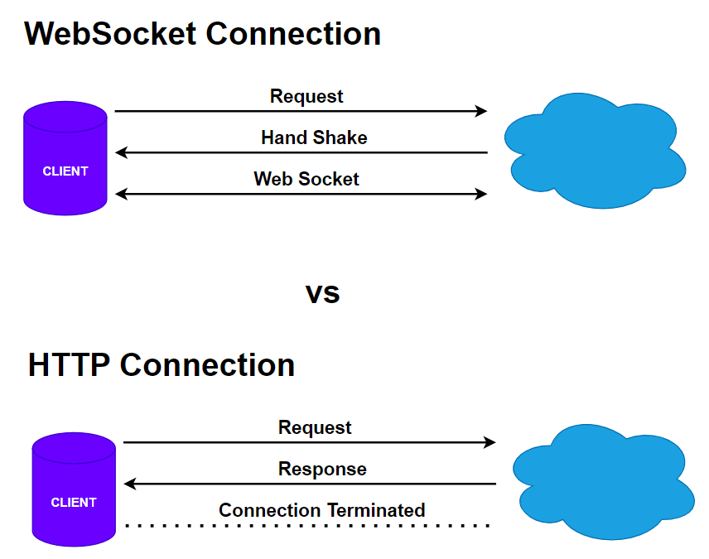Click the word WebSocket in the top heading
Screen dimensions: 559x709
pyautogui.click(x=110, y=34)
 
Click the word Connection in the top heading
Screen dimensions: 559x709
pyautogui.click(x=293, y=34)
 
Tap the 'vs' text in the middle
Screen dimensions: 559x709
pyautogui.click(x=322, y=293)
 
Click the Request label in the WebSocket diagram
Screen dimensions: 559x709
pyautogui.click(x=306, y=96)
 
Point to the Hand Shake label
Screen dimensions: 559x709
pyautogui.click(x=314, y=137)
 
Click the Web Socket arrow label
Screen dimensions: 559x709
pyautogui.click(x=306, y=179)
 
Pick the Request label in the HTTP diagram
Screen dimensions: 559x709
pyautogui.click(x=315, y=427)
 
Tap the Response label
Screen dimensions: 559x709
pyautogui.click(x=322, y=469)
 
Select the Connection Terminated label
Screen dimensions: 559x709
pyautogui.click(x=321, y=510)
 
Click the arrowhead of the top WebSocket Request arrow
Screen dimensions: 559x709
pyautogui.click(x=482, y=111)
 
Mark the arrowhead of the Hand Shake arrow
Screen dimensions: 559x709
pyautogui.click(x=121, y=152)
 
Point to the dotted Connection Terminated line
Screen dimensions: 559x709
pyautogui.click(x=306, y=526)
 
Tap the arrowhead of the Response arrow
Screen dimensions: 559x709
pyautogui.click(x=129, y=484)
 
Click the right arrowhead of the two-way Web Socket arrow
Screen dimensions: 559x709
pyautogui.click(x=482, y=194)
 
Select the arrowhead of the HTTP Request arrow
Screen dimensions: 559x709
pyautogui.click(x=490, y=442)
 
